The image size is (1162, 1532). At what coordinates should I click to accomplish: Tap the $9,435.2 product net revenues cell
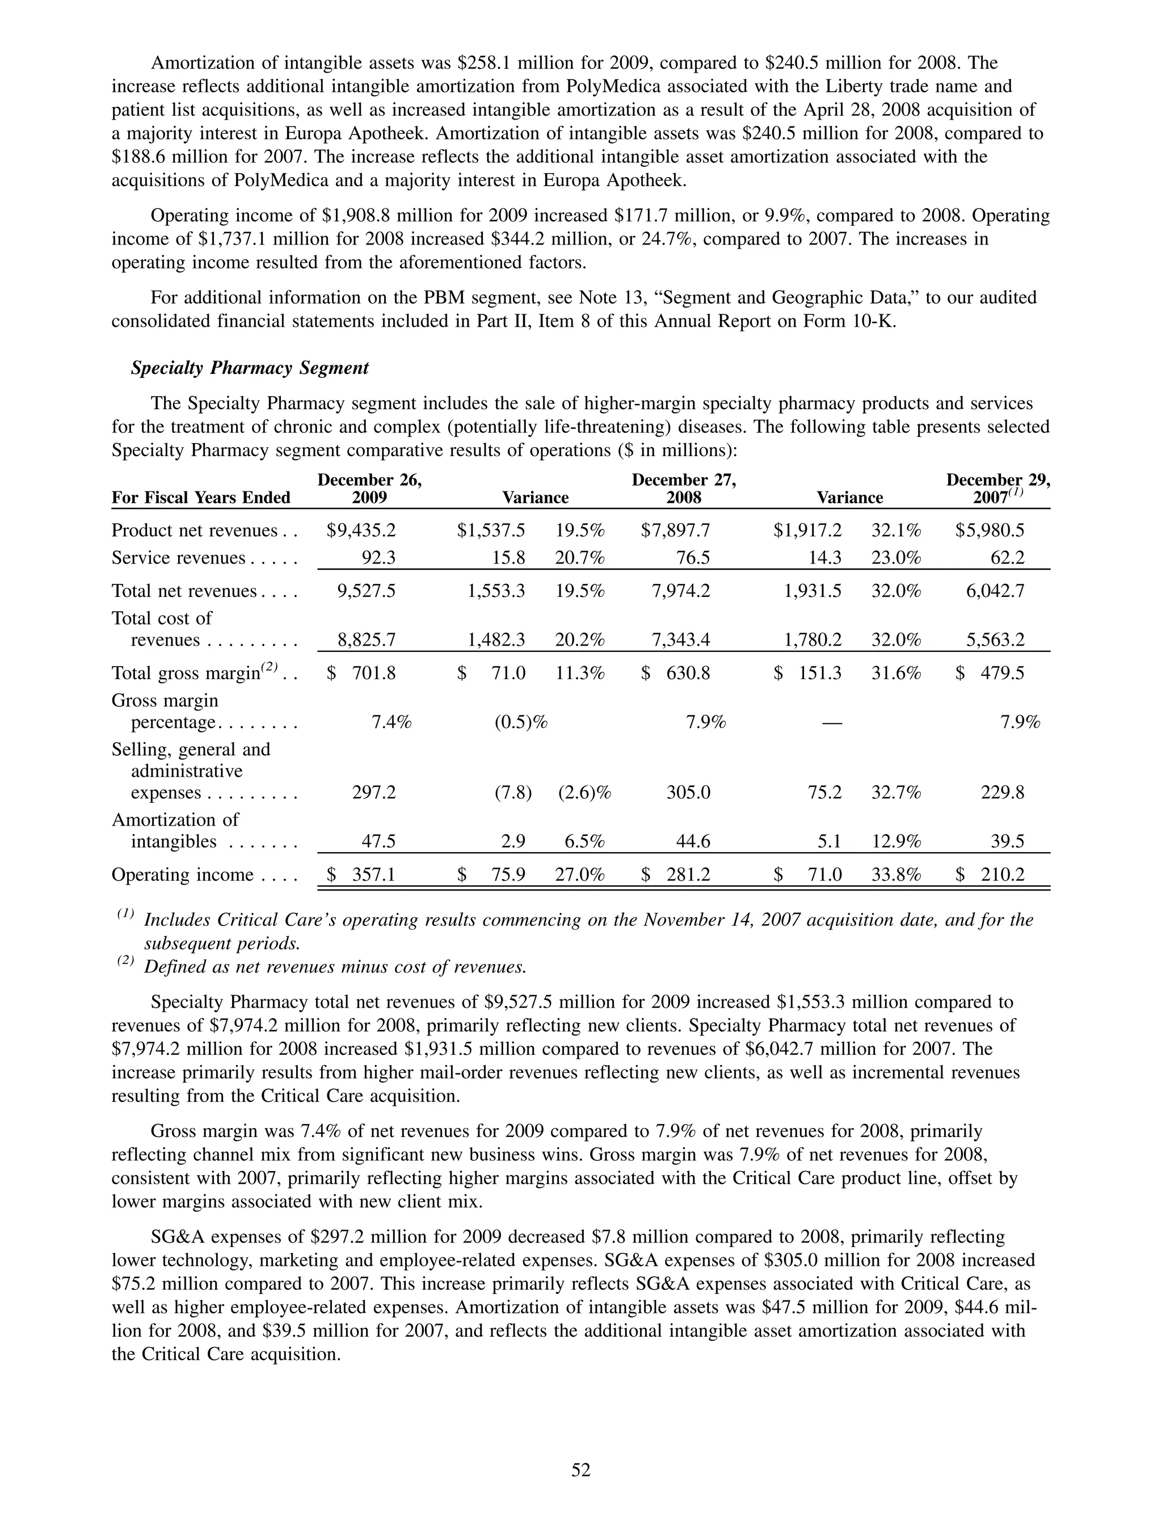[361, 531]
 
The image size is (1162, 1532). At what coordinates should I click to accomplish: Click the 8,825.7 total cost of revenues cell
[367, 640]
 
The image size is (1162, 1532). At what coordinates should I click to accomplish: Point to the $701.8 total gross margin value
[361, 673]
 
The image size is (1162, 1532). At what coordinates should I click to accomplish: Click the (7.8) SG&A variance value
[512, 792]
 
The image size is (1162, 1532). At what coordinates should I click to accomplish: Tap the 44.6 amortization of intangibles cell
[693, 841]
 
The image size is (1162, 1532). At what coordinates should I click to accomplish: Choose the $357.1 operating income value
[361, 875]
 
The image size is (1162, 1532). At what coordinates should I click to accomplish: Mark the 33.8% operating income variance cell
[896, 875]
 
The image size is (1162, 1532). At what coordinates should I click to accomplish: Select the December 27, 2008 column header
[684, 489]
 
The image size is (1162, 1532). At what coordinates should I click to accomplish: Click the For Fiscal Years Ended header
[201, 497]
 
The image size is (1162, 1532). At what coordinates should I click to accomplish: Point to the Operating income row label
[183, 875]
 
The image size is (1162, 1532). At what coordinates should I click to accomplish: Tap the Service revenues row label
[179, 558]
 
